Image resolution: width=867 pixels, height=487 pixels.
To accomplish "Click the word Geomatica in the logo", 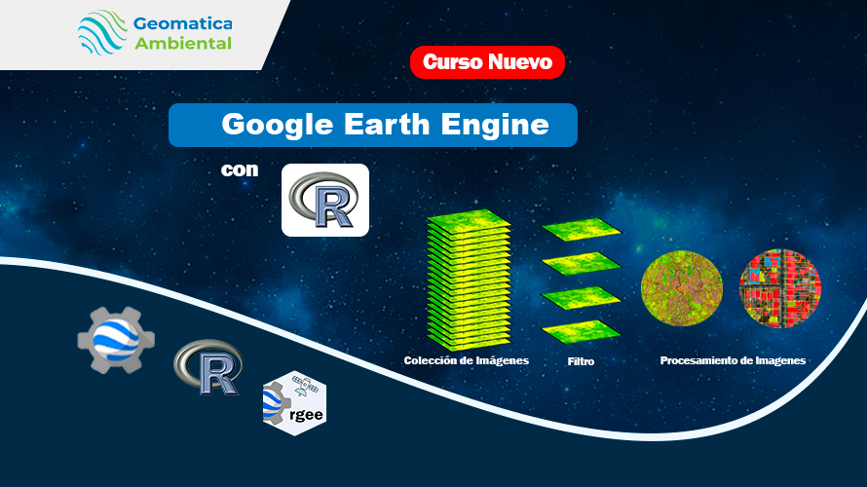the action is tap(182, 24).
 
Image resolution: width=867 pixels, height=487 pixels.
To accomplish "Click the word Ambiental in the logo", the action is tap(183, 43).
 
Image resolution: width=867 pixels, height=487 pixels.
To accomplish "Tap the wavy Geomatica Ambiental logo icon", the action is tap(102, 32).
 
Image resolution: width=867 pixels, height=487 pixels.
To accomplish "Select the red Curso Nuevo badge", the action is tap(487, 62).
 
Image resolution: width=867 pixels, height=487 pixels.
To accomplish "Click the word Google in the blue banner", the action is tap(277, 125).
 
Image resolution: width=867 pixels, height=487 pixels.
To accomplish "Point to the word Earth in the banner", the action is tap(387, 124).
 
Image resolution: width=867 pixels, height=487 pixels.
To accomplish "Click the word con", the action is tap(240, 169).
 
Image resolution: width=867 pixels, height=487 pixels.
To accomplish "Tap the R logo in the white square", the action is tap(325, 200).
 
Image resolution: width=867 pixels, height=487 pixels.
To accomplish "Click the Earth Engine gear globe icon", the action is tap(116, 339).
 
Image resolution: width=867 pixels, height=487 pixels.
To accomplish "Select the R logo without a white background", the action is tap(208, 367).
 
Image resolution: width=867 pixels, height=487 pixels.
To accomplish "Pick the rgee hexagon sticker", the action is tap(295, 403).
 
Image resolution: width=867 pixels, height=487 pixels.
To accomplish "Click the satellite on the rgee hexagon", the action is tap(305, 386).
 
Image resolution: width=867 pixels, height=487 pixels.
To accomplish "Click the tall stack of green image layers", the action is tap(469, 280).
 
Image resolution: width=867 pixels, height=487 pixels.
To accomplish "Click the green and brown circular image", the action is tap(682, 288).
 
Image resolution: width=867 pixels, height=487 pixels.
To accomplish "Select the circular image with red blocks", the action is tap(780, 288).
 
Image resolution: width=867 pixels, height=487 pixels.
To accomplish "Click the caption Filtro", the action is tap(581, 361).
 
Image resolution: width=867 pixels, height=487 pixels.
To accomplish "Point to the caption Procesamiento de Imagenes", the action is tap(733, 360).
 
